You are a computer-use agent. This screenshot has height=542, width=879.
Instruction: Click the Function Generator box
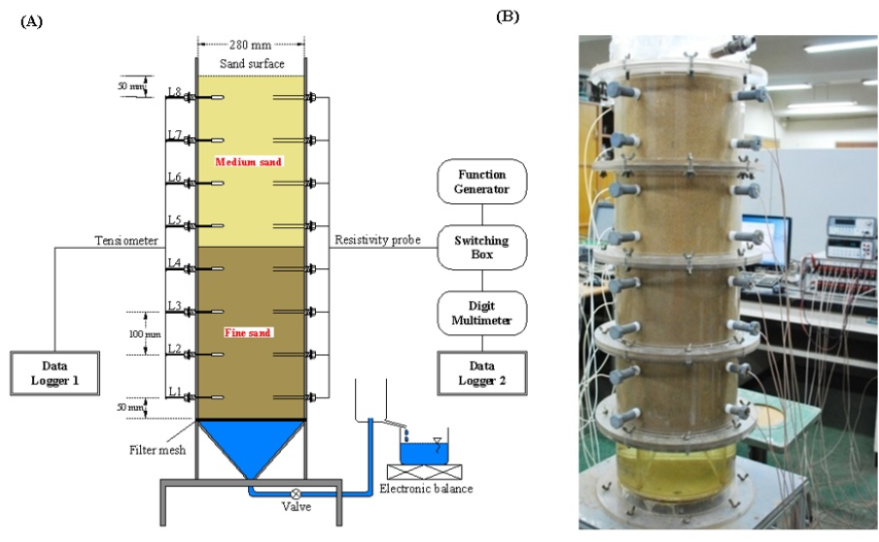pos(483,182)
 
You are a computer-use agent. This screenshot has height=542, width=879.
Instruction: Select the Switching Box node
pos(483,247)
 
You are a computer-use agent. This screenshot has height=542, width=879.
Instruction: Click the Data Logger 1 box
pos(55,374)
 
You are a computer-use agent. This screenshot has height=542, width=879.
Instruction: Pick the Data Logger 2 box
pos(483,372)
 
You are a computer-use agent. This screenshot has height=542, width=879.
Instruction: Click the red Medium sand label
pos(248,162)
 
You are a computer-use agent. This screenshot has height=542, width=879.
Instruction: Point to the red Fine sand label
pos(248,332)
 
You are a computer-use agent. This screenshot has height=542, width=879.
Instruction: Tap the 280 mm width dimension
pos(251,44)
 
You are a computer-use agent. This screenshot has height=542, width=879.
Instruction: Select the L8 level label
pos(174,92)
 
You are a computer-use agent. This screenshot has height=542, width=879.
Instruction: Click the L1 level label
pos(174,391)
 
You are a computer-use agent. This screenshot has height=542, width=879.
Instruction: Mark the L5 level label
pos(174,220)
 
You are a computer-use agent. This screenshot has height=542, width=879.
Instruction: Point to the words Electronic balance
pos(426,489)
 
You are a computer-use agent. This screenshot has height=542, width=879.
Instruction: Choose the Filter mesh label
pos(158,450)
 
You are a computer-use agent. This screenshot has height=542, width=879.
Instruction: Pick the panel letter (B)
pos(507,16)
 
